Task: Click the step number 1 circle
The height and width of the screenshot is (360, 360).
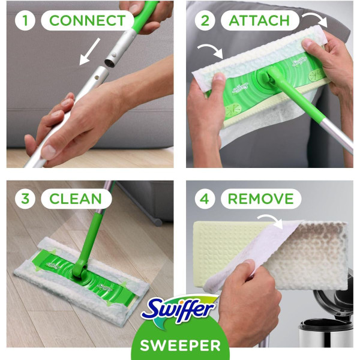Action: [x=25, y=20]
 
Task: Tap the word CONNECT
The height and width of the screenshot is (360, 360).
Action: [x=87, y=20]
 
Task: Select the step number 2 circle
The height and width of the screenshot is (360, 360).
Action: [x=205, y=20]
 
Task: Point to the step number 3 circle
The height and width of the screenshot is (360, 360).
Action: [x=25, y=199]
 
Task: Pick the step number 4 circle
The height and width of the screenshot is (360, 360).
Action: [x=205, y=199]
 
